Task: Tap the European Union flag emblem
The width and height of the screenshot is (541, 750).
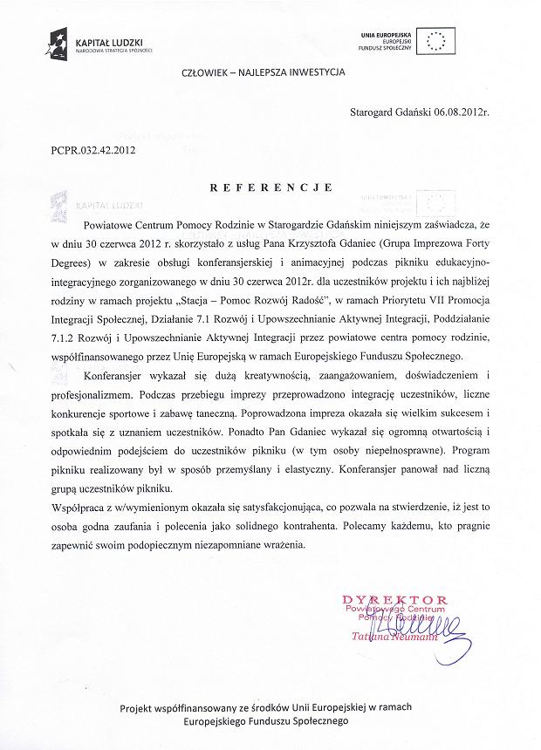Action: [440, 40]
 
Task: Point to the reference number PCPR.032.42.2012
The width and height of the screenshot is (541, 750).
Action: [93, 151]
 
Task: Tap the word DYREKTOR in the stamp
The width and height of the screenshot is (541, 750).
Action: [394, 600]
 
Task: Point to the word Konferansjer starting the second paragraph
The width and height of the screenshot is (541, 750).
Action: [121, 375]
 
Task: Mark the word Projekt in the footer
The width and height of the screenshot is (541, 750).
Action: [141, 706]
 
